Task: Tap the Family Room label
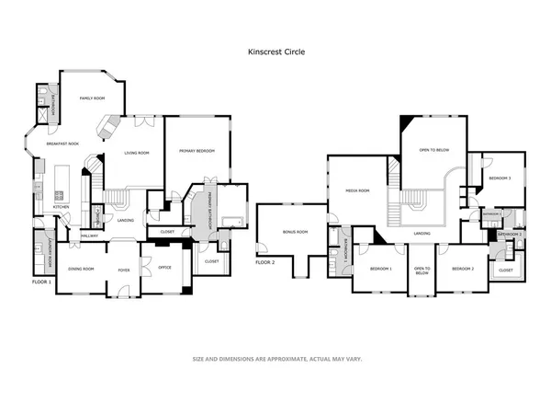pyautogui.click(x=93, y=98)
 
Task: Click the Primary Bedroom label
pyautogui.click(x=197, y=151)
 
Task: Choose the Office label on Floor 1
pyautogui.click(x=164, y=267)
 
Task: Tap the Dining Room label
pyautogui.click(x=81, y=269)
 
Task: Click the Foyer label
pyautogui.click(x=124, y=269)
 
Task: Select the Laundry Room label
pyautogui.click(x=39, y=250)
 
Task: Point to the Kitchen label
pyautogui.click(x=61, y=207)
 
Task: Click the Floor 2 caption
pyautogui.click(x=265, y=262)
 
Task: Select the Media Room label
pyautogui.click(x=357, y=190)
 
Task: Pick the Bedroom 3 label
pyautogui.click(x=500, y=178)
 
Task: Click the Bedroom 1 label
pyautogui.click(x=380, y=269)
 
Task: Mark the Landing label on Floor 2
pyautogui.click(x=422, y=234)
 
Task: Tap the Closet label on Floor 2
pyautogui.click(x=506, y=270)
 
